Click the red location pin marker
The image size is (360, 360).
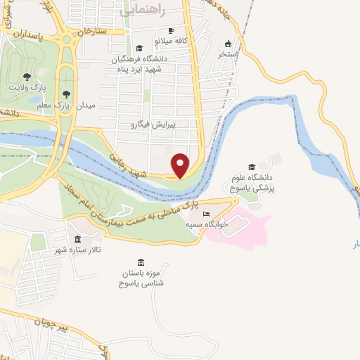(x=181, y=165)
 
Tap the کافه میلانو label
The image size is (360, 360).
(x=192, y=41)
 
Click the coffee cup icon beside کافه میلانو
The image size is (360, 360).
(x=171, y=31)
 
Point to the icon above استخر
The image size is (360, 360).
(x=227, y=44)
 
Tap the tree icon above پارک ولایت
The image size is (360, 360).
(x=27, y=76)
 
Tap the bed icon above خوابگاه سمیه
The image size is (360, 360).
(x=206, y=214)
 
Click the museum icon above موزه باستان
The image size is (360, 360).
(x=141, y=262)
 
